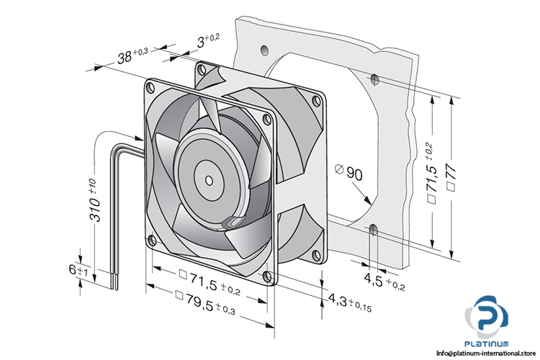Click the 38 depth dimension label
(x=132, y=55)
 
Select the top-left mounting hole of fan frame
(x=150, y=88)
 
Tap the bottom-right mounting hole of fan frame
(x=268, y=276)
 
